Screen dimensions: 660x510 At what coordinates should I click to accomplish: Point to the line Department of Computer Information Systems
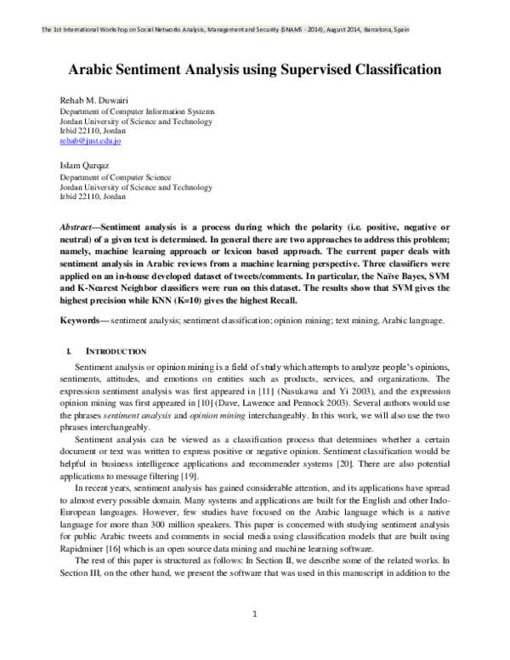(136, 112)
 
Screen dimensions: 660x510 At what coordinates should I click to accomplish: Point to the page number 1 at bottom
(255, 615)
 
